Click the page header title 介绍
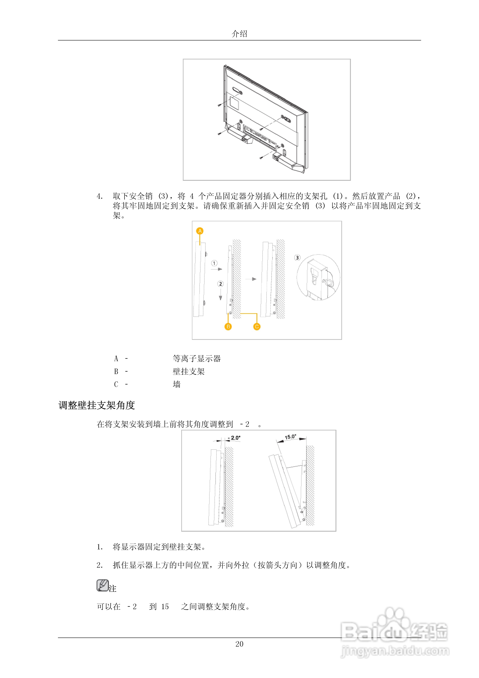[x=239, y=34]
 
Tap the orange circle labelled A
[x=200, y=231]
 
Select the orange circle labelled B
[x=228, y=327]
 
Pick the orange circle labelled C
[x=257, y=327]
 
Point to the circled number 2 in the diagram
[x=220, y=284]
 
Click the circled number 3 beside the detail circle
[x=297, y=257]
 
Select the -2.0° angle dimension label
[x=235, y=438]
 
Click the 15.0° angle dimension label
[x=290, y=437]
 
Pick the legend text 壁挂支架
[x=189, y=371]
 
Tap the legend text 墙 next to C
[x=176, y=384]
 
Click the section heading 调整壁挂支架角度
[x=97, y=405]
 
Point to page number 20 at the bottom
[x=239, y=644]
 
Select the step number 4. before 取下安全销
[x=100, y=196]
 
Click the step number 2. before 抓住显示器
[x=100, y=565]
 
